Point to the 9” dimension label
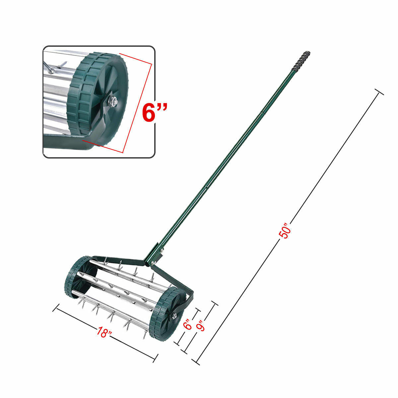[200, 326]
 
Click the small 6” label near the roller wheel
[188, 324]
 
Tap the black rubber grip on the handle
[301, 60]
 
